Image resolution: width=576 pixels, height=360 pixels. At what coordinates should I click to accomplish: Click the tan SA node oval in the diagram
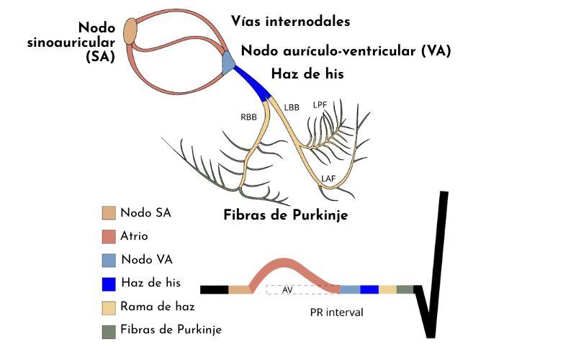pos(131,32)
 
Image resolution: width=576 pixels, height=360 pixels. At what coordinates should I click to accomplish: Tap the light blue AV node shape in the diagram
pos(228,63)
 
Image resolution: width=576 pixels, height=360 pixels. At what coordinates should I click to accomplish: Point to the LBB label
pos(292,108)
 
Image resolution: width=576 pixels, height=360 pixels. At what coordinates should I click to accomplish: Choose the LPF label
pos(320,105)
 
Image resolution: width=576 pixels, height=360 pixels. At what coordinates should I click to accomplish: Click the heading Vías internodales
pos(290,22)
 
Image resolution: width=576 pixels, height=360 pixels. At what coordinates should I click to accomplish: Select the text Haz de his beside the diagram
pos(307,73)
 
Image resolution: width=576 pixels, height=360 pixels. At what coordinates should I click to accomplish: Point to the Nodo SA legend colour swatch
pos(109,212)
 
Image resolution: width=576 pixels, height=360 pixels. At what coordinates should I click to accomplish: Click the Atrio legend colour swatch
pos(109,235)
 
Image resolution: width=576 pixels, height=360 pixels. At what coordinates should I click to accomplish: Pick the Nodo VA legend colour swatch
pos(109,259)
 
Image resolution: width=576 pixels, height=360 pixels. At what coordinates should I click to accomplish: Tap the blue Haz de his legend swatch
pos(109,283)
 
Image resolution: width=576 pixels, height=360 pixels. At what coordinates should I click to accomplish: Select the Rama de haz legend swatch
pos(109,307)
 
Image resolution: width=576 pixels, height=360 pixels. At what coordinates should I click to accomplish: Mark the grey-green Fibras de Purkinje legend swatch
pos(109,330)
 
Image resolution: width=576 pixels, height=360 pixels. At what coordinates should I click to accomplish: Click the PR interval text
pos(336,312)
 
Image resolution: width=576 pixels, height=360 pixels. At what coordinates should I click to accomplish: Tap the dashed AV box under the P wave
pos(302,289)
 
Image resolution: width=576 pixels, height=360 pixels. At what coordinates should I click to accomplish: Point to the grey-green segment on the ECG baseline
pos(405,289)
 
